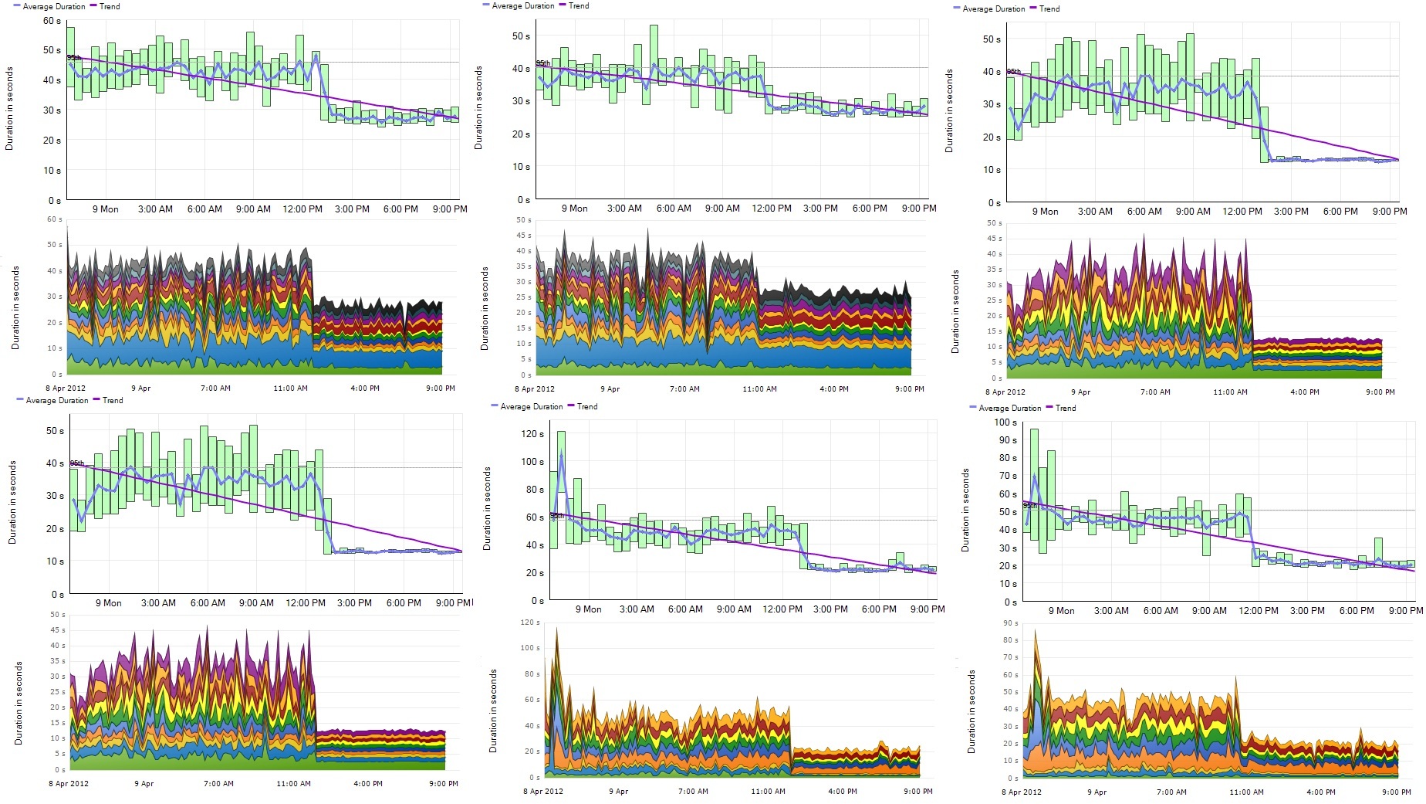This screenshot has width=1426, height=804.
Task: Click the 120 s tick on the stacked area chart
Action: (530, 623)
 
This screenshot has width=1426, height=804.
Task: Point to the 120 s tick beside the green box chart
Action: (532, 434)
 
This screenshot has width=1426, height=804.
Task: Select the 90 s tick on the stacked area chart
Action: (1010, 623)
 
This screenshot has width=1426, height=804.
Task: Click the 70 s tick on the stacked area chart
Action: (1010, 657)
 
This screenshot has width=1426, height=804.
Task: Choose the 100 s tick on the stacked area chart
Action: (530, 648)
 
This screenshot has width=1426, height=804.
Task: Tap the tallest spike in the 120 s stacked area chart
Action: (556, 629)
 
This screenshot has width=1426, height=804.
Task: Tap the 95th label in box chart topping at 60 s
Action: (73, 58)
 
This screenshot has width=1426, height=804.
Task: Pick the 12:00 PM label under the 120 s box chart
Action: (782, 609)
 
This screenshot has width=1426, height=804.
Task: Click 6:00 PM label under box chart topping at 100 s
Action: (1357, 611)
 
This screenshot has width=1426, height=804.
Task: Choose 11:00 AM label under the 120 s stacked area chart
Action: (768, 791)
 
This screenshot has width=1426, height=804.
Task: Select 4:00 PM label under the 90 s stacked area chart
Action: (1321, 792)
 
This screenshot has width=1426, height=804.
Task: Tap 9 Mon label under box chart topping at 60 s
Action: (106, 209)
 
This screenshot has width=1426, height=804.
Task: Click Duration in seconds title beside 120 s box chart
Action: (487, 508)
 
